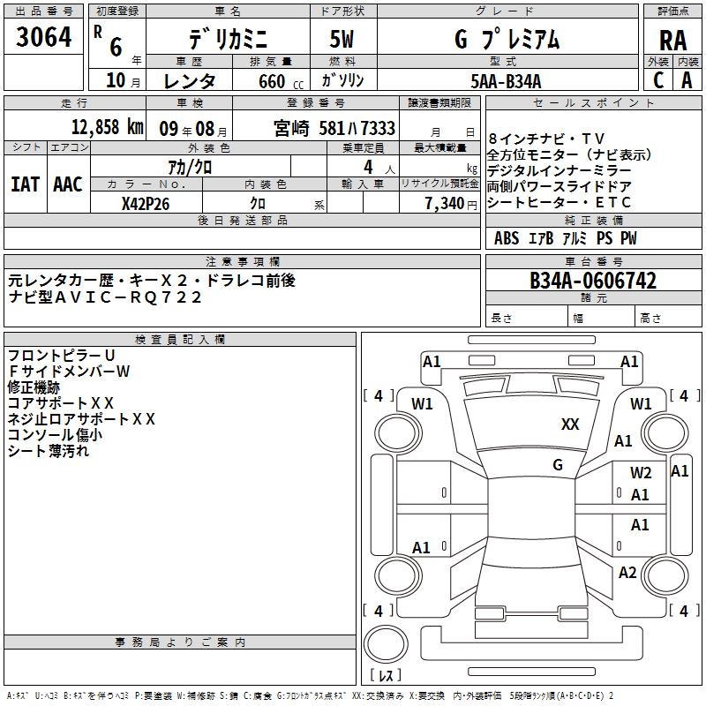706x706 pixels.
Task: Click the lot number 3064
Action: [44, 38]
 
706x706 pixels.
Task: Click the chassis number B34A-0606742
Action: [592, 281]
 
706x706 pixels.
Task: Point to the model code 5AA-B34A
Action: [506, 81]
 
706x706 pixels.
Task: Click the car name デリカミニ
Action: [226, 40]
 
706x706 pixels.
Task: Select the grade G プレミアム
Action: [506, 40]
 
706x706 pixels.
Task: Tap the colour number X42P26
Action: [146, 202]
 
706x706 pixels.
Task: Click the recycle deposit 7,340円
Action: [450, 202]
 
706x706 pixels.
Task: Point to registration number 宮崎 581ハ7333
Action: [334, 127]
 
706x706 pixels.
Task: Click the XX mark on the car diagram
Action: [570, 424]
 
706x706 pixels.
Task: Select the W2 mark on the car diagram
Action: [641, 472]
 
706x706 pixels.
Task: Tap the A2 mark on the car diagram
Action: [627, 573]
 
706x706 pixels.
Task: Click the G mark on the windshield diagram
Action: [558, 464]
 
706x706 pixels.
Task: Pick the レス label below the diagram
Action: [386, 676]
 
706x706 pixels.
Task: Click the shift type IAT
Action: [26, 184]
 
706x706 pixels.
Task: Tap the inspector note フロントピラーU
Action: [62, 355]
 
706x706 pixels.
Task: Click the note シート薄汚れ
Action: [49, 450]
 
